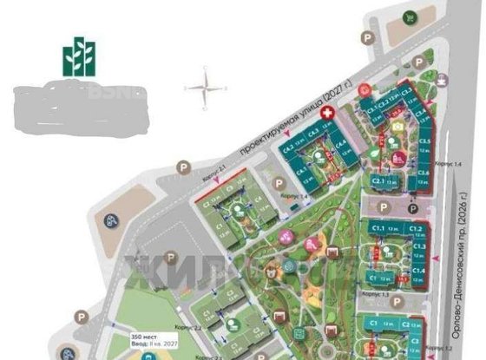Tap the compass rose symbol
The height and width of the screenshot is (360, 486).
tap(204, 88)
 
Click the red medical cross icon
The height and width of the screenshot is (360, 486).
tap(327, 114)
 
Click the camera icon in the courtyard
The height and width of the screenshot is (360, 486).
tap(397, 127)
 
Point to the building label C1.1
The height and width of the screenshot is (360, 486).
tap(378, 227)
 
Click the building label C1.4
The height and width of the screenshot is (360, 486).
tap(418, 272)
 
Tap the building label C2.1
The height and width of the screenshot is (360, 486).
tap(378, 180)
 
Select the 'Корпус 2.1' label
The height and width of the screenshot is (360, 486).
tap(213, 175)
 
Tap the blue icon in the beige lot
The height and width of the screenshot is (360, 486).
tap(112, 219)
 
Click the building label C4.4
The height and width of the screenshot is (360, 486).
tap(342, 146)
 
